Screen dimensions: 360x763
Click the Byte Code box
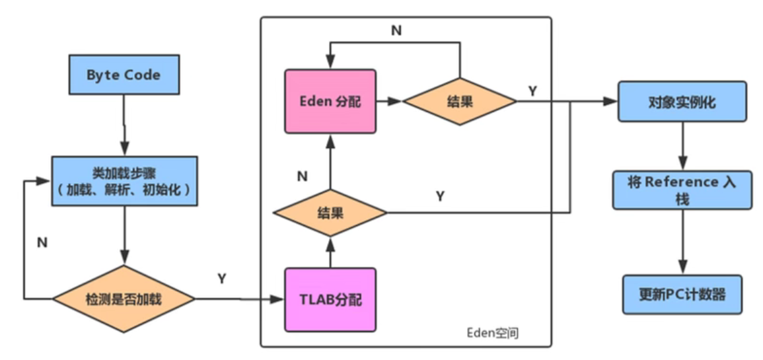tap(123, 75)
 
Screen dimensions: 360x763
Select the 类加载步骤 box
tap(123, 180)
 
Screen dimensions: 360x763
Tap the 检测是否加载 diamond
tap(123, 299)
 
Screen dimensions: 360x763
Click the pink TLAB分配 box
tap(330, 299)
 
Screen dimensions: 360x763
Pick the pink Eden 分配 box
tap(330, 102)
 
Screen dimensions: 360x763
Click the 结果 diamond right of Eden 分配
tap(460, 102)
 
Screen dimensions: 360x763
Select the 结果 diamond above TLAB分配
tap(330, 213)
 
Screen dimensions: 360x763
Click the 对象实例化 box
tap(682, 102)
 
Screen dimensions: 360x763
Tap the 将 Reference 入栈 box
tap(682, 190)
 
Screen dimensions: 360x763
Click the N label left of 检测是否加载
tap(42, 242)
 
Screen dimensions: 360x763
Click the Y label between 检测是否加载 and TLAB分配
tap(222, 279)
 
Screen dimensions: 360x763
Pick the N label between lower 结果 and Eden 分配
tap(302, 176)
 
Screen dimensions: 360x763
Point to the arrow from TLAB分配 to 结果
tap(330, 251)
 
